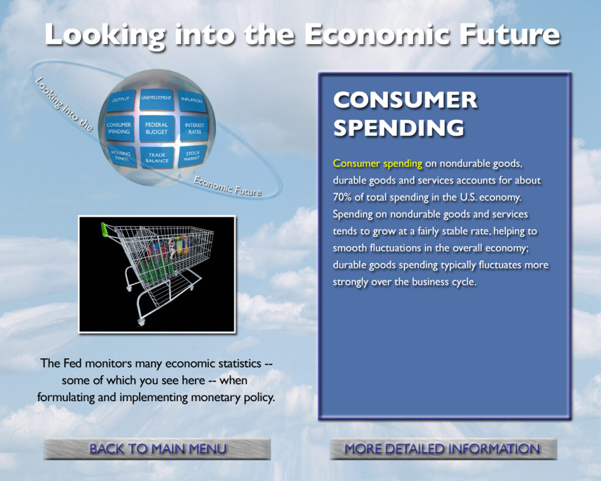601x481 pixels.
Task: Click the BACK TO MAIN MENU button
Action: tap(157, 449)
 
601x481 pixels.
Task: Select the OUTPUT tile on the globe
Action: tap(121, 100)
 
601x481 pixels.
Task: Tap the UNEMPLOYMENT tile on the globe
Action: tap(156, 99)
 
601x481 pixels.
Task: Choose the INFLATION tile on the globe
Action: tap(192, 101)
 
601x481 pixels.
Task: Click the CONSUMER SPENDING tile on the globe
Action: tap(119, 129)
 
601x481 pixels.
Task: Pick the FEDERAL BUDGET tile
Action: tap(157, 129)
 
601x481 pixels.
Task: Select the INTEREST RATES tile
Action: tap(194, 129)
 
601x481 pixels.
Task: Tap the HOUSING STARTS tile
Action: tap(122, 156)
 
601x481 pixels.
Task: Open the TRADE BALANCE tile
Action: tap(157, 157)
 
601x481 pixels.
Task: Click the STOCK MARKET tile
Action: tap(193, 156)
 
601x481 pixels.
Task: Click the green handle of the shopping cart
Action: tap(104, 230)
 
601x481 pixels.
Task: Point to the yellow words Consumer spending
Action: tap(377, 163)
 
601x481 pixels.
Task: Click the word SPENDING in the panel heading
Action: tap(399, 127)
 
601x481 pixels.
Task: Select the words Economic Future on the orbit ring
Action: tap(228, 186)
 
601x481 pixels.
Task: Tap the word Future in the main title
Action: tap(510, 35)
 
